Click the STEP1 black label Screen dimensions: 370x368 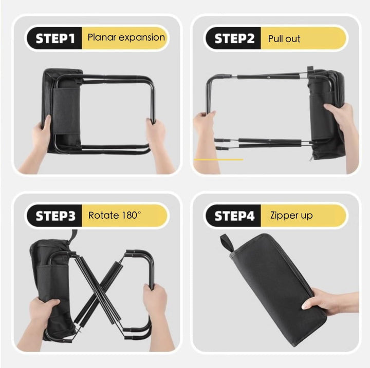tap(55, 38)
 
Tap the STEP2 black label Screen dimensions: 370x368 tap(234, 38)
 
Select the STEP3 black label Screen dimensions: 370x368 tap(55, 216)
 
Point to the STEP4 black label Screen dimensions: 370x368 tap(234, 216)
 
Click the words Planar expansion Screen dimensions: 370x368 tap(126, 37)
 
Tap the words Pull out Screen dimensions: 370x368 tap(284, 38)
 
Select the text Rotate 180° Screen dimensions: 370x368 tap(115, 215)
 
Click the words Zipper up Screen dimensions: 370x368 tap(291, 216)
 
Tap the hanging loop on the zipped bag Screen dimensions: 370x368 tap(227, 243)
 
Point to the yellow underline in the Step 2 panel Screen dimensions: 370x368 tap(218, 160)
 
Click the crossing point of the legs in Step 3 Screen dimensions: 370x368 tap(99, 294)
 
